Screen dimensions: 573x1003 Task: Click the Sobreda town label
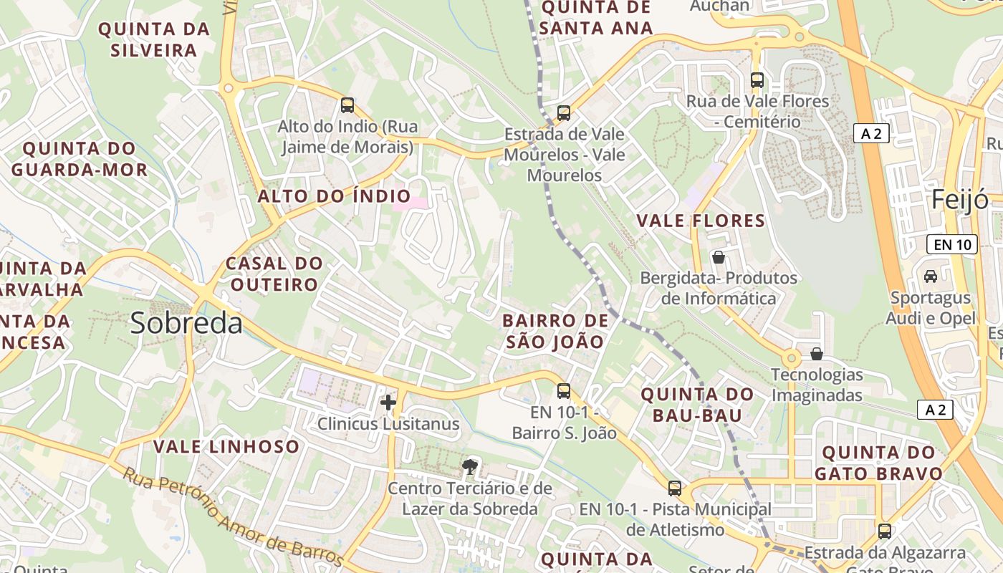click(186, 324)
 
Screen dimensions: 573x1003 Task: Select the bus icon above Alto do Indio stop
click(347, 105)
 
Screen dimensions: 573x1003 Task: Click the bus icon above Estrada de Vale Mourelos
click(564, 113)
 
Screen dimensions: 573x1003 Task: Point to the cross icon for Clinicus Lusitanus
click(388, 403)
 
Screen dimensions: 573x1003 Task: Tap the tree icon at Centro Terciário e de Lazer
click(470, 468)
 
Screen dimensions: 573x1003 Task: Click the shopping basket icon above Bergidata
click(719, 256)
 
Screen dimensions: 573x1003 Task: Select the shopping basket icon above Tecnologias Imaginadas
click(817, 354)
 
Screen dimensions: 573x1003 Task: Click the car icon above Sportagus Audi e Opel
click(930, 276)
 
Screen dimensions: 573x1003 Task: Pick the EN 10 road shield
click(952, 244)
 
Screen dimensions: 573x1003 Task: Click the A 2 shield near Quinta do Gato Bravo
click(936, 410)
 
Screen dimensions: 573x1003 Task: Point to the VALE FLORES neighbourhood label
click(701, 221)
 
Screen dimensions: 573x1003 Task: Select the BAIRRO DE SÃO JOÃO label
click(555, 331)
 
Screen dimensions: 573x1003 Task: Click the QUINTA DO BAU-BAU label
click(697, 404)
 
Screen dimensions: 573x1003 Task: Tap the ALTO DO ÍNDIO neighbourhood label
click(334, 196)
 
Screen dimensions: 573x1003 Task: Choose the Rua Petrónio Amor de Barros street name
click(233, 516)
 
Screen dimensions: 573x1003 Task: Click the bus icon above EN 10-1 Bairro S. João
click(564, 391)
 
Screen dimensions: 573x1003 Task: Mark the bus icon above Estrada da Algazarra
click(885, 531)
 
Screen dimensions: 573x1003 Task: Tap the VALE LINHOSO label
click(226, 447)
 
